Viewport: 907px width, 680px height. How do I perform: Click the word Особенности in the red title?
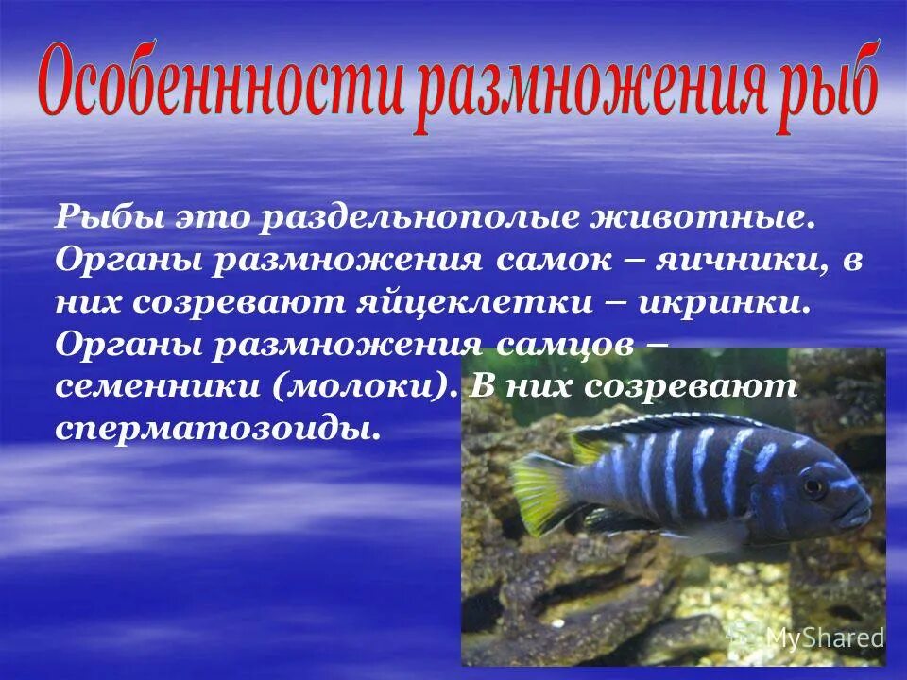pyautogui.click(x=222, y=87)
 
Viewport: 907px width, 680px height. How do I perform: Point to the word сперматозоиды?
pyautogui.click(x=217, y=428)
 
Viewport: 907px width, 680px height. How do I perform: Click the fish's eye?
pyautogui.click(x=812, y=487)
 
